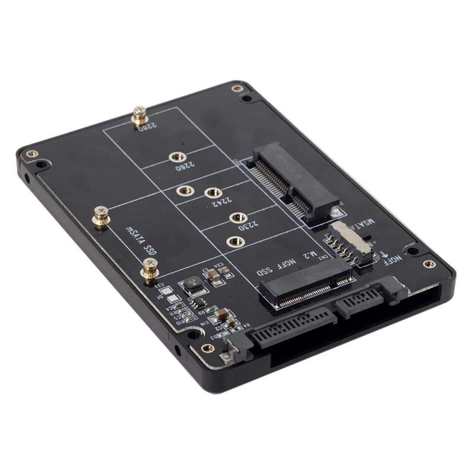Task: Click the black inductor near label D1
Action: (192, 284)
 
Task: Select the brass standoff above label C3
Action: (150, 271)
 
